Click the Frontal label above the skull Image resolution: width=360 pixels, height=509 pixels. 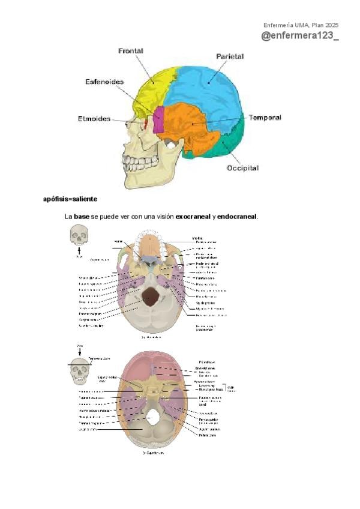[131, 51]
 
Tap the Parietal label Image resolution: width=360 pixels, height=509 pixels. [230, 56]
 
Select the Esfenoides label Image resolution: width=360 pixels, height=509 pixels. [104, 82]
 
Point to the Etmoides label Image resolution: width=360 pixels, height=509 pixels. [94, 119]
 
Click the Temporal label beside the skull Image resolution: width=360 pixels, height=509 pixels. [265, 118]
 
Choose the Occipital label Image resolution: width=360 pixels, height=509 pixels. [242, 168]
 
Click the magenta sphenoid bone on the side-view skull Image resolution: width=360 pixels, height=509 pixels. [158, 120]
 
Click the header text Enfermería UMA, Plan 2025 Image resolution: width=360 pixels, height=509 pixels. [301, 25]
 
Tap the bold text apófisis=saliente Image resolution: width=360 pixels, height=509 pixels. [70, 199]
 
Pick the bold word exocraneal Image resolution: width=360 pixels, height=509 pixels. [192, 216]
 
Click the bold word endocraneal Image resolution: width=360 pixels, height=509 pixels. [237, 216]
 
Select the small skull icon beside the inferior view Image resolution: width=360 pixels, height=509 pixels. [79, 235]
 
